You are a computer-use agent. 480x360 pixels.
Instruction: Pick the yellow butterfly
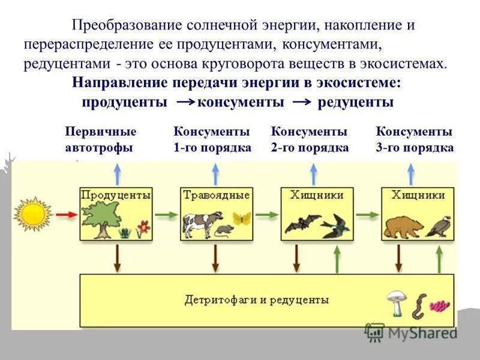(x=241, y=218)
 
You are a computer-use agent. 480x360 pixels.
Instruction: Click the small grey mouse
(x=223, y=230)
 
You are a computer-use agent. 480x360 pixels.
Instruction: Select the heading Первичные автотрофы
(x=100, y=140)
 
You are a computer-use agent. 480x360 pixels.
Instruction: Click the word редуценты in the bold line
(x=355, y=102)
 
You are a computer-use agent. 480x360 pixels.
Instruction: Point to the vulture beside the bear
(x=440, y=227)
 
